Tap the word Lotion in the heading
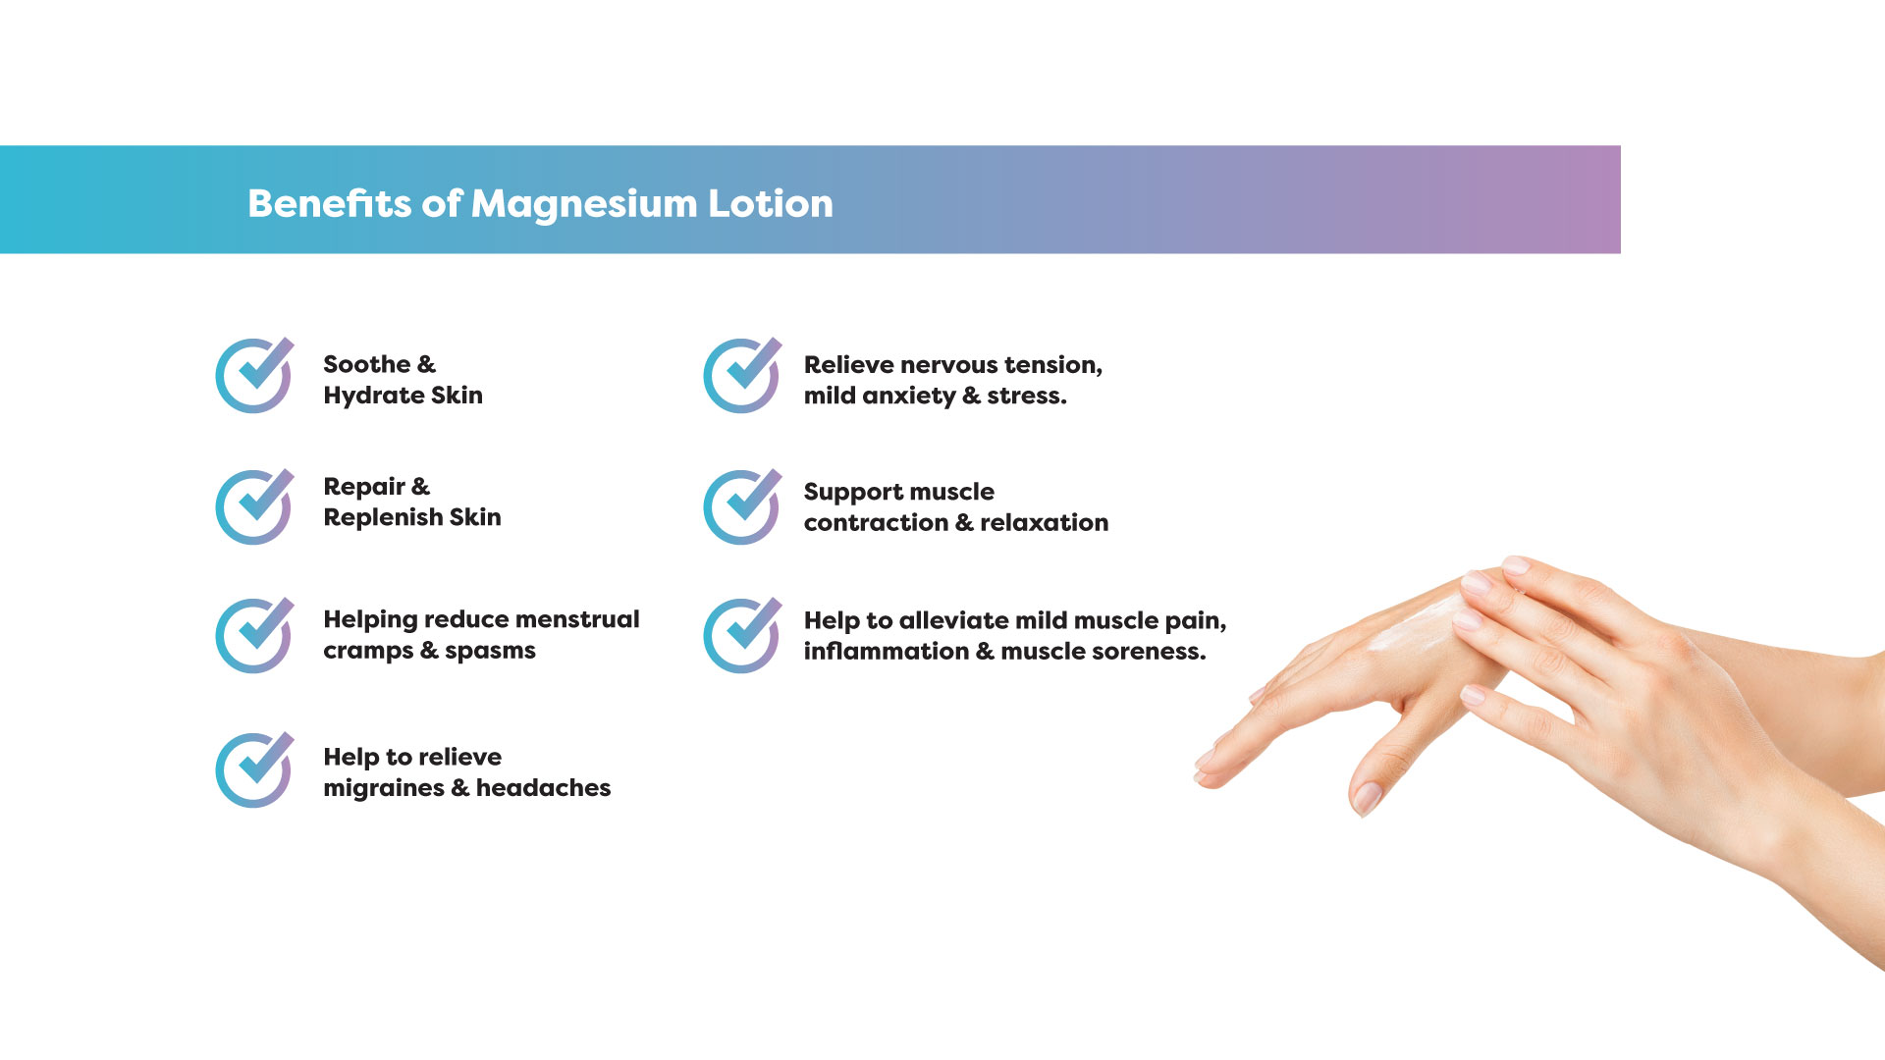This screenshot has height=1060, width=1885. (x=771, y=203)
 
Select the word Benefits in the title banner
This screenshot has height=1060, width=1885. (x=329, y=203)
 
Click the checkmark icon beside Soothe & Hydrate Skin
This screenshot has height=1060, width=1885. (x=254, y=375)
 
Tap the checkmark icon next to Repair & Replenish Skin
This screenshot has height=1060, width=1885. (x=254, y=506)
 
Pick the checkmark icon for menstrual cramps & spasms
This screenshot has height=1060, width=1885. (x=254, y=635)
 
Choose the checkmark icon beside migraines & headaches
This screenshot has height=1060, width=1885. (x=254, y=769)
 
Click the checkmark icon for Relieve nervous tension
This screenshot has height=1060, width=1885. (x=742, y=375)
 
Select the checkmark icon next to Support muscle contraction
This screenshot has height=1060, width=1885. (x=742, y=506)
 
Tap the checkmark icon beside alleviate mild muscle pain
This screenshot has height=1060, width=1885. (x=742, y=635)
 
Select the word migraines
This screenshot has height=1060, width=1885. (x=384, y=789)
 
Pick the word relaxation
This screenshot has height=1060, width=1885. (x=1044, y=522)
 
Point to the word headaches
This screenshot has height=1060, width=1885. (x=543, y=787)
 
